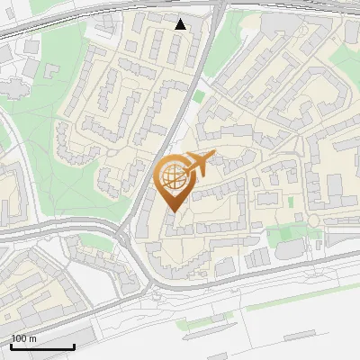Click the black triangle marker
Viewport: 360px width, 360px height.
click(181, 24)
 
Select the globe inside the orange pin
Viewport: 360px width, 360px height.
click(173, 178)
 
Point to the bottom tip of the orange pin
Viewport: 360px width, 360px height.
click(171, 211)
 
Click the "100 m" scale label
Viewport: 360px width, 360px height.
click(23, 337)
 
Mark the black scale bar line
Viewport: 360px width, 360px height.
click(42, 346)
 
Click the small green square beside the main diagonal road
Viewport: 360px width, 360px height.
click(199, 96)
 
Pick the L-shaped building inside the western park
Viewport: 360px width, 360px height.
click(18, 85)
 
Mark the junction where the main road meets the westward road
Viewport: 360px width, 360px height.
click(121, 236)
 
